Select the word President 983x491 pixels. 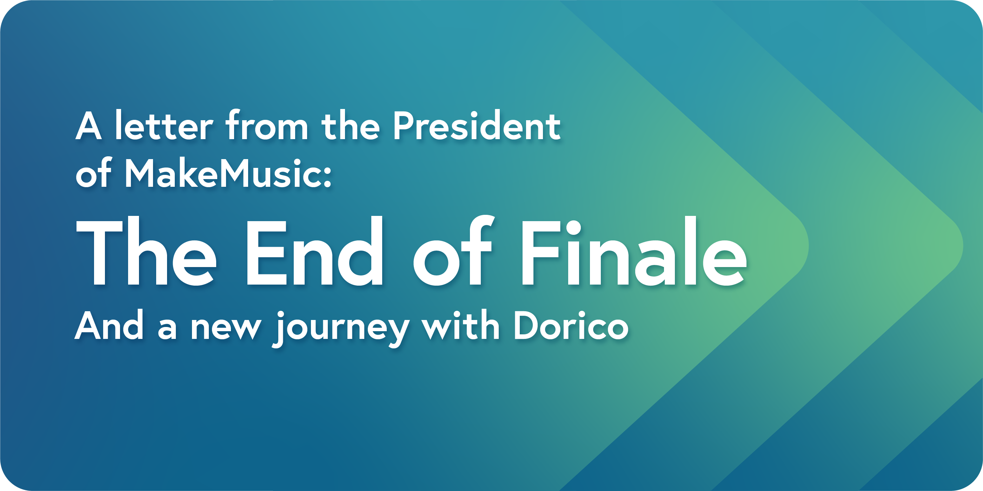[x=477, y=125]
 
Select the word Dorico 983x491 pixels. [x=571, y=326]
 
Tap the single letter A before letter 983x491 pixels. [x=88, y=125]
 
